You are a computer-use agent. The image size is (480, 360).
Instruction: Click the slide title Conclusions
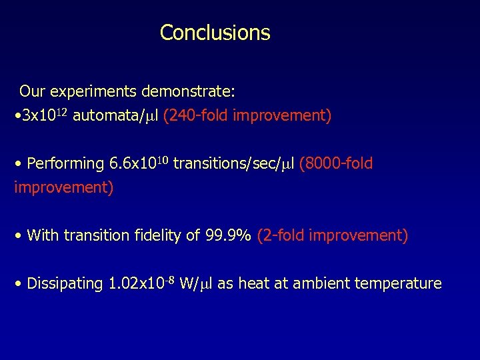pyautogui.click(x=215, y=33)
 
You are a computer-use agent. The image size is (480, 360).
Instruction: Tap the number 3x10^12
pyautogui.click(x=45, y=116)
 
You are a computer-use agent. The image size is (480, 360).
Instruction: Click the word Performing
pyautogui.click(x=65, y=163)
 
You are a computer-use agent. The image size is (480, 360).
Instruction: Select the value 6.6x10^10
pyautogui.click(x=138, y=163)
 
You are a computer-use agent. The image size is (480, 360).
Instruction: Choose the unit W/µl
pyautogui.click(x=197, y=284)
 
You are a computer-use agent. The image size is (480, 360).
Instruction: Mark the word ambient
pyautogui.click(x=320, y=284)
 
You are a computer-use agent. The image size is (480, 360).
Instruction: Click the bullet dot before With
pyautogui.click(x=20, y=236)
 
